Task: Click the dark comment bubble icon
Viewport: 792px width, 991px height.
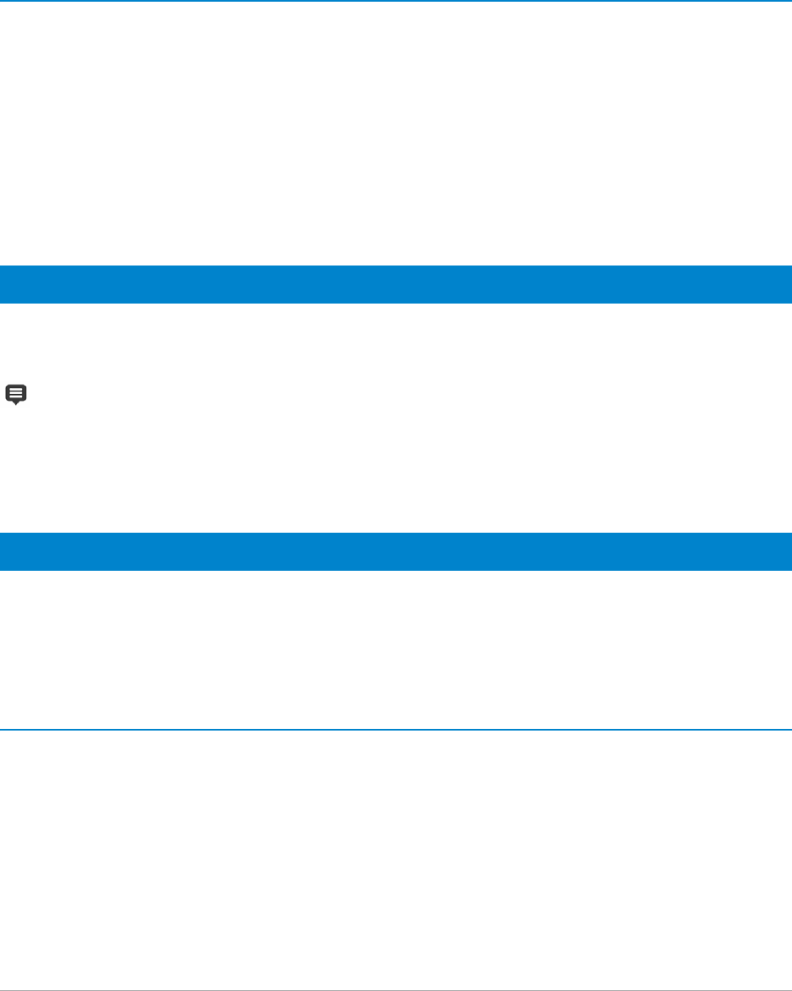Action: point(16,392)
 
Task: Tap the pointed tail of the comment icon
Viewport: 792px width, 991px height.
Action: point(16,402)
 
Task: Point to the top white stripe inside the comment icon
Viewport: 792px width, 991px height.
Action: point(16,388)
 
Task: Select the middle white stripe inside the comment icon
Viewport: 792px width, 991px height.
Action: point(16,392)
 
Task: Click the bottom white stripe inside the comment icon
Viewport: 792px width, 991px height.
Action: point(16,396)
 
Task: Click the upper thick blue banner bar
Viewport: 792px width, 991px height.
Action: point(396,284)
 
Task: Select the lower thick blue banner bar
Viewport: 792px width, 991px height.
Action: point(396,551)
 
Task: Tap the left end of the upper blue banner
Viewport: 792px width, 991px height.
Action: point(3,284)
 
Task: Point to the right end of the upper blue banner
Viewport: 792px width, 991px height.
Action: point(788,284)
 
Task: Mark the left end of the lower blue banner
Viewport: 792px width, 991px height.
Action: point(3,551)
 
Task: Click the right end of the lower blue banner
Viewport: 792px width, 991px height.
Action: point(788,551)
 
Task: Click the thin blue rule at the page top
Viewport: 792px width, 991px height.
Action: point(396,1)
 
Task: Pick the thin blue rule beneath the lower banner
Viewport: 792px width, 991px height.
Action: point(396,730)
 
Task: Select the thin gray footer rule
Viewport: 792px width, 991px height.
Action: point(396,988)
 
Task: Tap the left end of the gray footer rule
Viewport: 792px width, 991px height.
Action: point(3,988)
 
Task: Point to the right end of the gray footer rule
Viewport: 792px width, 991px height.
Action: point(789,988)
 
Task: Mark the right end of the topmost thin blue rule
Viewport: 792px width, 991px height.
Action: point(789,1)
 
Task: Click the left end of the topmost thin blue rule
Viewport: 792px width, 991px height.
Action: point(3,1)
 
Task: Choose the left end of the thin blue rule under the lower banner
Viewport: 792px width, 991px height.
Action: point(3,730)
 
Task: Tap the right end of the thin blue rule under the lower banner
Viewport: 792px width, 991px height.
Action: point(789,730)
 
